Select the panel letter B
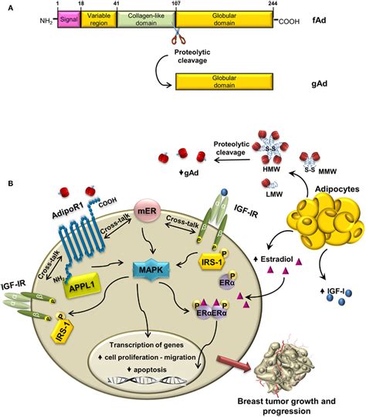tap(10, 184)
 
